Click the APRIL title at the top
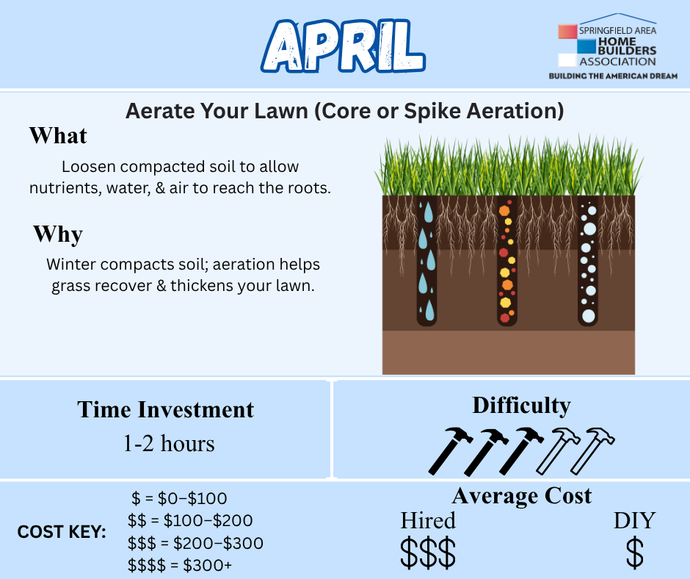[x=343, y=46]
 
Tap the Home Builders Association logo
[x=613, y=46]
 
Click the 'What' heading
[x=58, y=135]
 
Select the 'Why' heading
[x=58, y=234]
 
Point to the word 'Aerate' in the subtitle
[x=160, y=111]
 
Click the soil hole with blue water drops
[x=426, y=261]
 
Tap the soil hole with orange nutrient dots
[x=507, y=261]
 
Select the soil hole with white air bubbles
[x=588, y=261]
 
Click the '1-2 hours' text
[x=169, y=443]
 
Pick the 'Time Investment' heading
[x=165, y=409]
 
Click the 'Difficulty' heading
[x=521, y=406]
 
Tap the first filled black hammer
[x=450, y=450]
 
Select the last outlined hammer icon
[x=593, y=450]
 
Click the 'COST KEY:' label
[x=62, y=532]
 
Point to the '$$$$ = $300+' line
[x=180, y=565]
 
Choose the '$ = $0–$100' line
[x=179, y=498]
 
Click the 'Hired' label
[x=428, y=520]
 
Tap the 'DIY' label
[x=634, y=520]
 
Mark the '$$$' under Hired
[x=428, y=552]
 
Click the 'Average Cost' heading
[x=521, y=496]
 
